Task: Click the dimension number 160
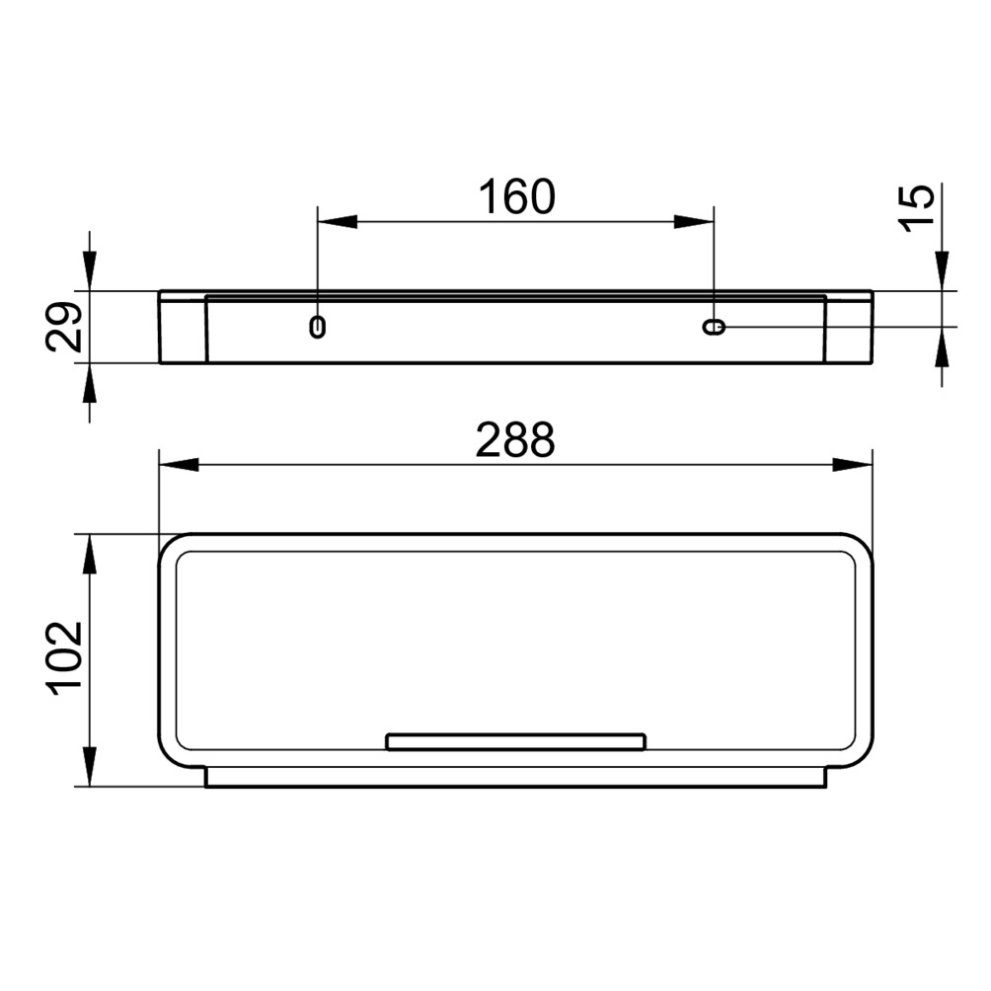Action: [516, 197]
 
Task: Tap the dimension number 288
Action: [515, 440]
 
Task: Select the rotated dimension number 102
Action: [64, 658]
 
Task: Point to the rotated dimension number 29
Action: [64, 327]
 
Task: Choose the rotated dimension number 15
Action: [916, 208]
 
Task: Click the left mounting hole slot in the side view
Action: [317, 327]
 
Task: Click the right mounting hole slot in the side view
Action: [715, 327]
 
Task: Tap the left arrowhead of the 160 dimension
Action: [338, 222]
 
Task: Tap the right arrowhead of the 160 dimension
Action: [694, 222]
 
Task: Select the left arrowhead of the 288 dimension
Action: [179, 465]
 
